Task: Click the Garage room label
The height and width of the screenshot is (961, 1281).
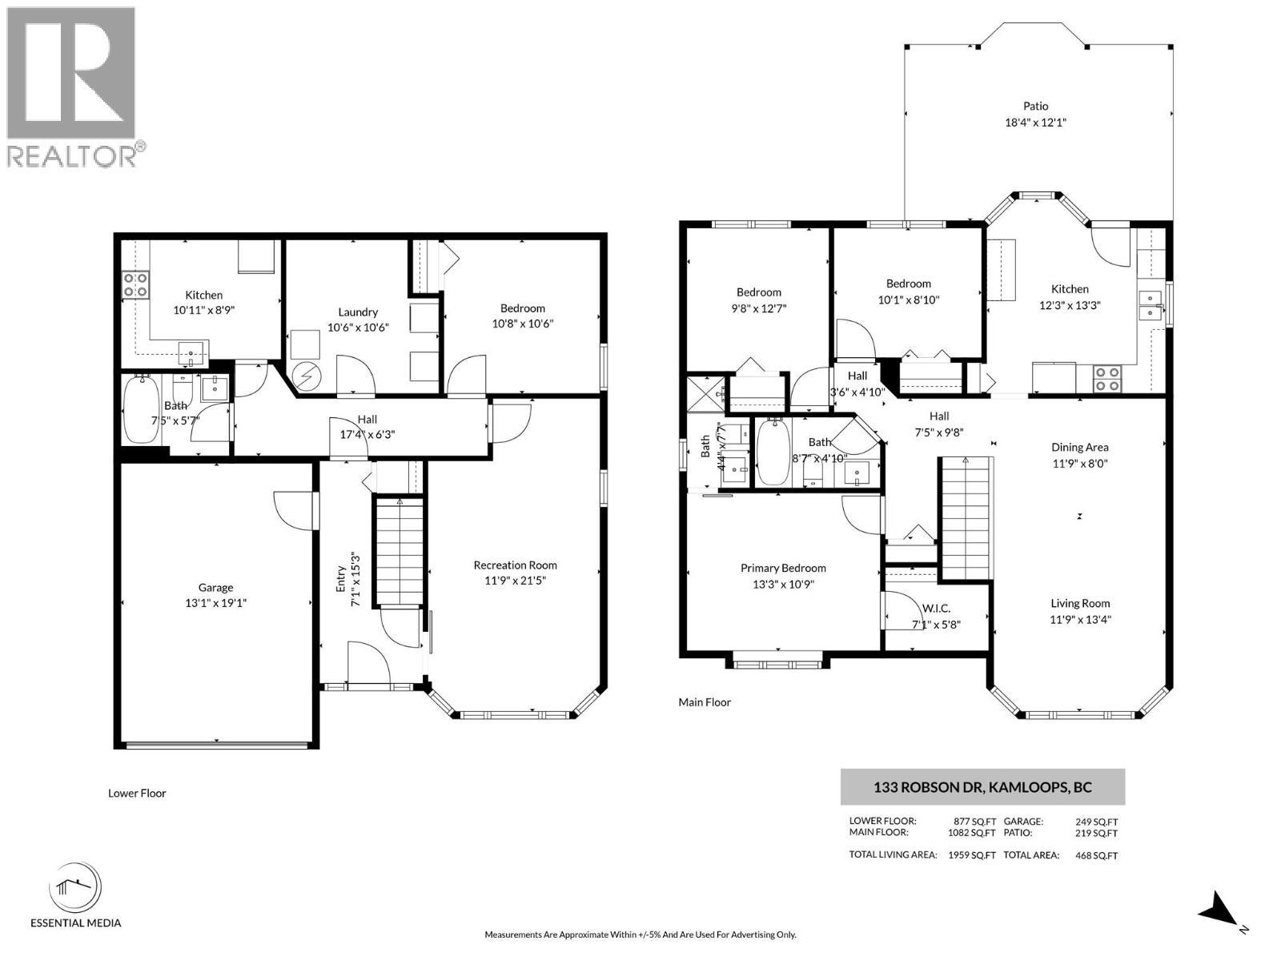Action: click(x=215, y=588)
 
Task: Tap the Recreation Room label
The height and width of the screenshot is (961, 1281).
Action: click(x=515, y=565)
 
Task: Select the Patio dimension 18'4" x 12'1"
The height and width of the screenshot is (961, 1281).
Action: click(x=1035, y=123)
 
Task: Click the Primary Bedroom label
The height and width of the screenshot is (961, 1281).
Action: click(x=783, y=568)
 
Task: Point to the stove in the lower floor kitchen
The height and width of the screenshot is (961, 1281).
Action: click(x=135, y=285)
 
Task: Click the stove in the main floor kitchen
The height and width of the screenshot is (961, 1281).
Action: click(x=1107, y=378)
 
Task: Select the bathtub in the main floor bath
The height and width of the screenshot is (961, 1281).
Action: click(x=774, y=452)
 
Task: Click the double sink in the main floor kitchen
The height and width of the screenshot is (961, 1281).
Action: click(x=1150, y=306)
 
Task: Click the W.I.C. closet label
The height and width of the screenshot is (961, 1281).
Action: click(x=936, y=609)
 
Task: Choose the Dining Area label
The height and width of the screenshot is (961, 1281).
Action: click(x=1080, y=448)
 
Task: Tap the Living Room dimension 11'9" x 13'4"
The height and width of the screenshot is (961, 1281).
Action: click(x=1080, y=619)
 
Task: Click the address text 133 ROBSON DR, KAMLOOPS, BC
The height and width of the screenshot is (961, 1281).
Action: click(x=982, y=787)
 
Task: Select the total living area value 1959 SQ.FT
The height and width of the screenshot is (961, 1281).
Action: click(x=972, y=855)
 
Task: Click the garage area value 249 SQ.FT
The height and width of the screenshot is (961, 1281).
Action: click(x=1097, y=822)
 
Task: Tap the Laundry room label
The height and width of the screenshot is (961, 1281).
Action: click(x=358, y=312)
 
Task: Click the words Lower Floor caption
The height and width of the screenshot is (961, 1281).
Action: click(x=137, y=793)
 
